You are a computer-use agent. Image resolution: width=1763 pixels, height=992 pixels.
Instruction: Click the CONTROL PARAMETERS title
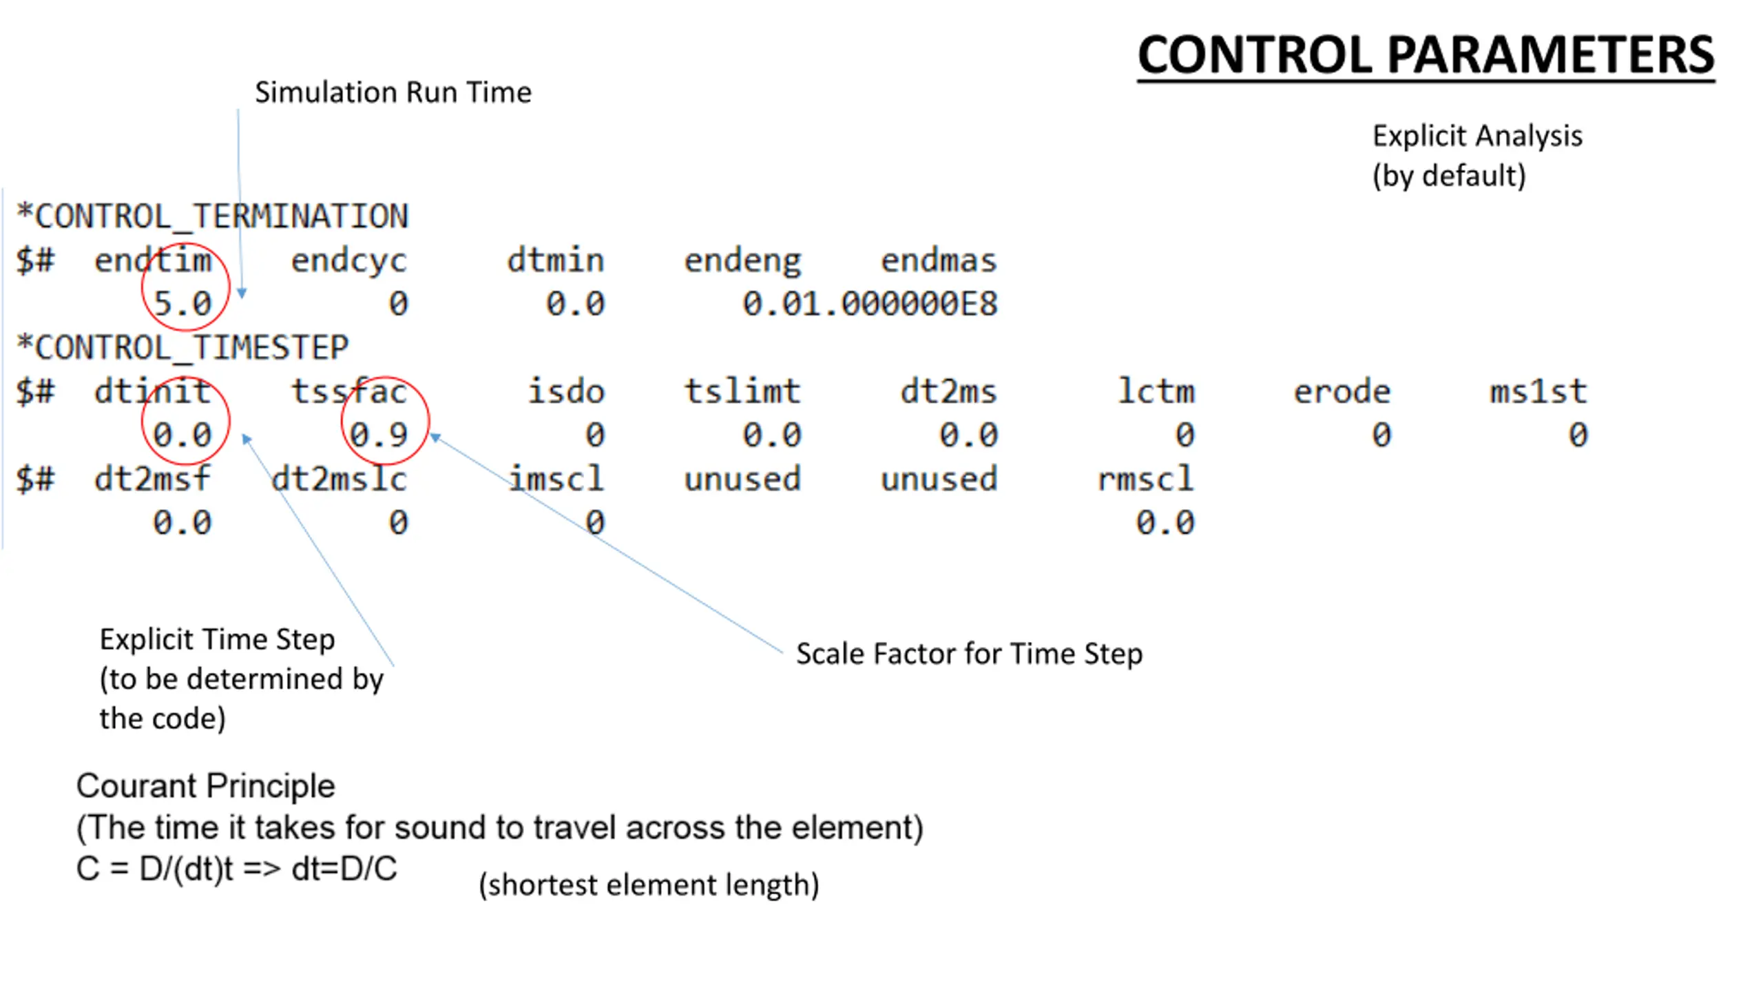click(1426, 55)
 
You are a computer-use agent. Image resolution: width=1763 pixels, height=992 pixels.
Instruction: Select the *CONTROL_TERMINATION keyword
click(212, 216)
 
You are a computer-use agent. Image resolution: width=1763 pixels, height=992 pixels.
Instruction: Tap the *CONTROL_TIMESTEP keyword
click(182, 347)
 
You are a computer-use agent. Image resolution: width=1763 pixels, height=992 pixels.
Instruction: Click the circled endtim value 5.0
click(182, 303)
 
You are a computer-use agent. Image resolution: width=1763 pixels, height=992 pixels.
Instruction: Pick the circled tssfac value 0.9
click(379, 435)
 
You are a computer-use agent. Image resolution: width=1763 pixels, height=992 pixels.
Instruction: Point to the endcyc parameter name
click(348, 260)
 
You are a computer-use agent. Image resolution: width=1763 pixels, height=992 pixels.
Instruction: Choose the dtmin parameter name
click(555, 260)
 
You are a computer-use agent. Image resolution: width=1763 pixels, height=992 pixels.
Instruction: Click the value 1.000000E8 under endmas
click(919, 304)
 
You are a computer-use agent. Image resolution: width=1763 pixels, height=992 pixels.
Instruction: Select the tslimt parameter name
click(742, 391)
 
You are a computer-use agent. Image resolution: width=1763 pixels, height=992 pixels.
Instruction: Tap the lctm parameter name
click(1156, 391)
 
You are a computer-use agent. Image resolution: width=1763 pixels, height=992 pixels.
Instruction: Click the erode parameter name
click(1342, 391)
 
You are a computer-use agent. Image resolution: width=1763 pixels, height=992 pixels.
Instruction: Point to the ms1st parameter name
click(1538, 391)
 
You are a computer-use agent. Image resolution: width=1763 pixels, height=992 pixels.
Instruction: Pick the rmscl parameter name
click(1145, 479)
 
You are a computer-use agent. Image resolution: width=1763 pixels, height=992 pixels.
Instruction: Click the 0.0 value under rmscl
click(1165, 523)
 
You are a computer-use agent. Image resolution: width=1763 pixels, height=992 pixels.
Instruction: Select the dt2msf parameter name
click(152, 479)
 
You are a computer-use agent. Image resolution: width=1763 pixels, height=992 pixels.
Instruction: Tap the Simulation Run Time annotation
click(393, 92)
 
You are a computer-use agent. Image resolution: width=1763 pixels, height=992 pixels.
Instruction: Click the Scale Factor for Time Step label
click(969, 654)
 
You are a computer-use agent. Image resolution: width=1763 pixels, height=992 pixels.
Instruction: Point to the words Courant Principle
click(205, 786)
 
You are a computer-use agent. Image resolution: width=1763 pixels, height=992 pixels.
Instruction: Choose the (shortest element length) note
click(649, 885)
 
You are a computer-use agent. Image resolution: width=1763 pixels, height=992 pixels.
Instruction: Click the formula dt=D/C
click(344, 869)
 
